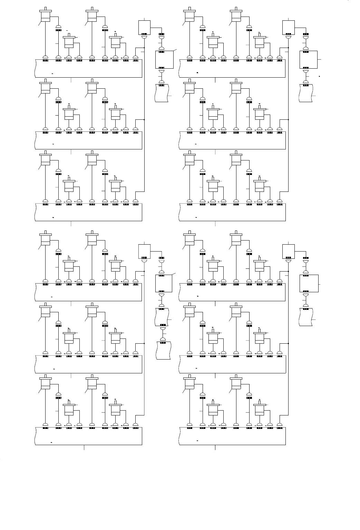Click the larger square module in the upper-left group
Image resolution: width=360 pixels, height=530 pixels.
(164, 59)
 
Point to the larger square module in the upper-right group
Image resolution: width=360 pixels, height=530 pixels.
(308, 59)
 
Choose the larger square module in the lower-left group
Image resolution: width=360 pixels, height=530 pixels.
(164, 283)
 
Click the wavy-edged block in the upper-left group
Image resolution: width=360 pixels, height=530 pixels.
(162, 92)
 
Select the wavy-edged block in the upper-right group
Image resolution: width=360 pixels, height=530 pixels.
(306, 92)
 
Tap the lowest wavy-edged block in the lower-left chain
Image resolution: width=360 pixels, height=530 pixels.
(163, 350)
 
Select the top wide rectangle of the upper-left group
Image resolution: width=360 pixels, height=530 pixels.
(89, 68)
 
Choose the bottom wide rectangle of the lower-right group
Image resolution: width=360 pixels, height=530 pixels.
(232, 435)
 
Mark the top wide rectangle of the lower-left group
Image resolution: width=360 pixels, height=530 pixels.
(89, 292)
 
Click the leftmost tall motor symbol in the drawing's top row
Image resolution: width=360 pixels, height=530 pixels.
(46, 16)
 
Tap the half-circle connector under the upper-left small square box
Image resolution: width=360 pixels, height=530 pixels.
(144, 37)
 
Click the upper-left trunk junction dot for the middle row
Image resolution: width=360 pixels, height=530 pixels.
(144, 120)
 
